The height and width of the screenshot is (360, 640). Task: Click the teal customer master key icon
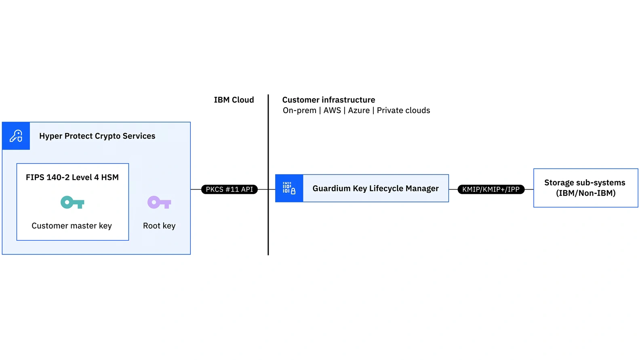coord(72,202)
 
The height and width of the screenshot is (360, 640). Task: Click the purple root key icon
coord(159,202)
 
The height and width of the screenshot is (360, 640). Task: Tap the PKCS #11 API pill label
coord(229,189)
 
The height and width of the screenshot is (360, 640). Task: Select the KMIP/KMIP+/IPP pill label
coord(491,189)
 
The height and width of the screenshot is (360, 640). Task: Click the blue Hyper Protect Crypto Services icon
coord(16,136)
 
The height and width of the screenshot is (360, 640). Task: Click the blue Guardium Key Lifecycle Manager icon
coord(289,188)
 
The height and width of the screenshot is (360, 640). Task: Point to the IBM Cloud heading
coord(234,100)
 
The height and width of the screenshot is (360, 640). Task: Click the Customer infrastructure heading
coord(328,100)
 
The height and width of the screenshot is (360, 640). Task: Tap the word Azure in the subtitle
coord(359,110)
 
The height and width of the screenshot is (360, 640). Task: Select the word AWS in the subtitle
coord(332,110)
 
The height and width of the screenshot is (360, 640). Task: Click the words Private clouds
coord(403,110)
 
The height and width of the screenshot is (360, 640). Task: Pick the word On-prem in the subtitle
coord(299,110)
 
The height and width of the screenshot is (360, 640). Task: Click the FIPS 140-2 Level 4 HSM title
coord(72,177)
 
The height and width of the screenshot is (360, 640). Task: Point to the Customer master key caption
coord(72,226)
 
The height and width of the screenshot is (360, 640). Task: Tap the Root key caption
coord(159,226)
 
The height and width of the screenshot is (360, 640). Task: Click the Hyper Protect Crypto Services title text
coord(97,136)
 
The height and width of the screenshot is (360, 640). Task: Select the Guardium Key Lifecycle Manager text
coord(375,188)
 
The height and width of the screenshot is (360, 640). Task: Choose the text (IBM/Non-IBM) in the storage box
coord(585,193)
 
